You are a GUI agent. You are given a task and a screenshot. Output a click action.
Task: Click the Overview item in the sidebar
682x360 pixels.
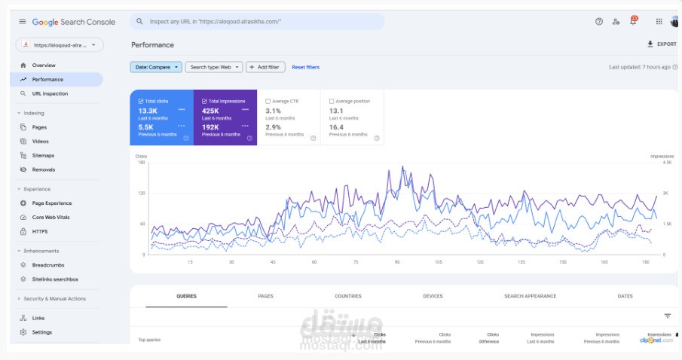[43, 66]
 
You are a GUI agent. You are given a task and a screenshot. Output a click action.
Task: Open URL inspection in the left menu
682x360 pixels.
[50, 93]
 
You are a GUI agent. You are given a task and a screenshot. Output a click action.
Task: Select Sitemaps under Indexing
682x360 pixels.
[43, 155]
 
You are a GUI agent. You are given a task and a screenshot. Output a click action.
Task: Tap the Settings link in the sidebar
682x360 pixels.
[42, 332]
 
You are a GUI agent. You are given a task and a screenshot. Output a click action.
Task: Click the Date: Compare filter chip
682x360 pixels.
[156, 67]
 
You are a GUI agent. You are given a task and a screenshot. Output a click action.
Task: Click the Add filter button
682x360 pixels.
[265, 67]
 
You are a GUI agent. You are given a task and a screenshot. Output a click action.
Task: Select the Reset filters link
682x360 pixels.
[305, 67]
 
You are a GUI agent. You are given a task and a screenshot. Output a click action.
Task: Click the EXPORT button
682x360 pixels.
[662, 44]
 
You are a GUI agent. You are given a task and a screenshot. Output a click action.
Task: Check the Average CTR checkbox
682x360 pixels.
[268, 101]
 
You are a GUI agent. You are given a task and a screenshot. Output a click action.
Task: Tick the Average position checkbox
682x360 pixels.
[332, 101]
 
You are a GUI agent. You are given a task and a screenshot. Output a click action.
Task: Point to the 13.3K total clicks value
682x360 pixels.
[147, 111]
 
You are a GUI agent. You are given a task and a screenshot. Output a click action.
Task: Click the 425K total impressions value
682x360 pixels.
[211, 111]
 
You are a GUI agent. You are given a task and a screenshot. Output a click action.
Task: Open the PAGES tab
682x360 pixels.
[265, 296]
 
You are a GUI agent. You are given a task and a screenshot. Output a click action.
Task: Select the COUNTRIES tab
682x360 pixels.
[348, 296]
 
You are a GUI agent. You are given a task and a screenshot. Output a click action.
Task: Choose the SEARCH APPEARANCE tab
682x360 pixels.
[530, 296]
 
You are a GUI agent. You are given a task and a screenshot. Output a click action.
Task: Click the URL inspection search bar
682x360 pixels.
[256, 22]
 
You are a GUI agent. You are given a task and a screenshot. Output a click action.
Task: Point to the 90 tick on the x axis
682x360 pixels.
[396, 262]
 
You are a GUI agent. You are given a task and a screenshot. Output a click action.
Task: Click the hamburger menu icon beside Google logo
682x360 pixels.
[23, 22]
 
